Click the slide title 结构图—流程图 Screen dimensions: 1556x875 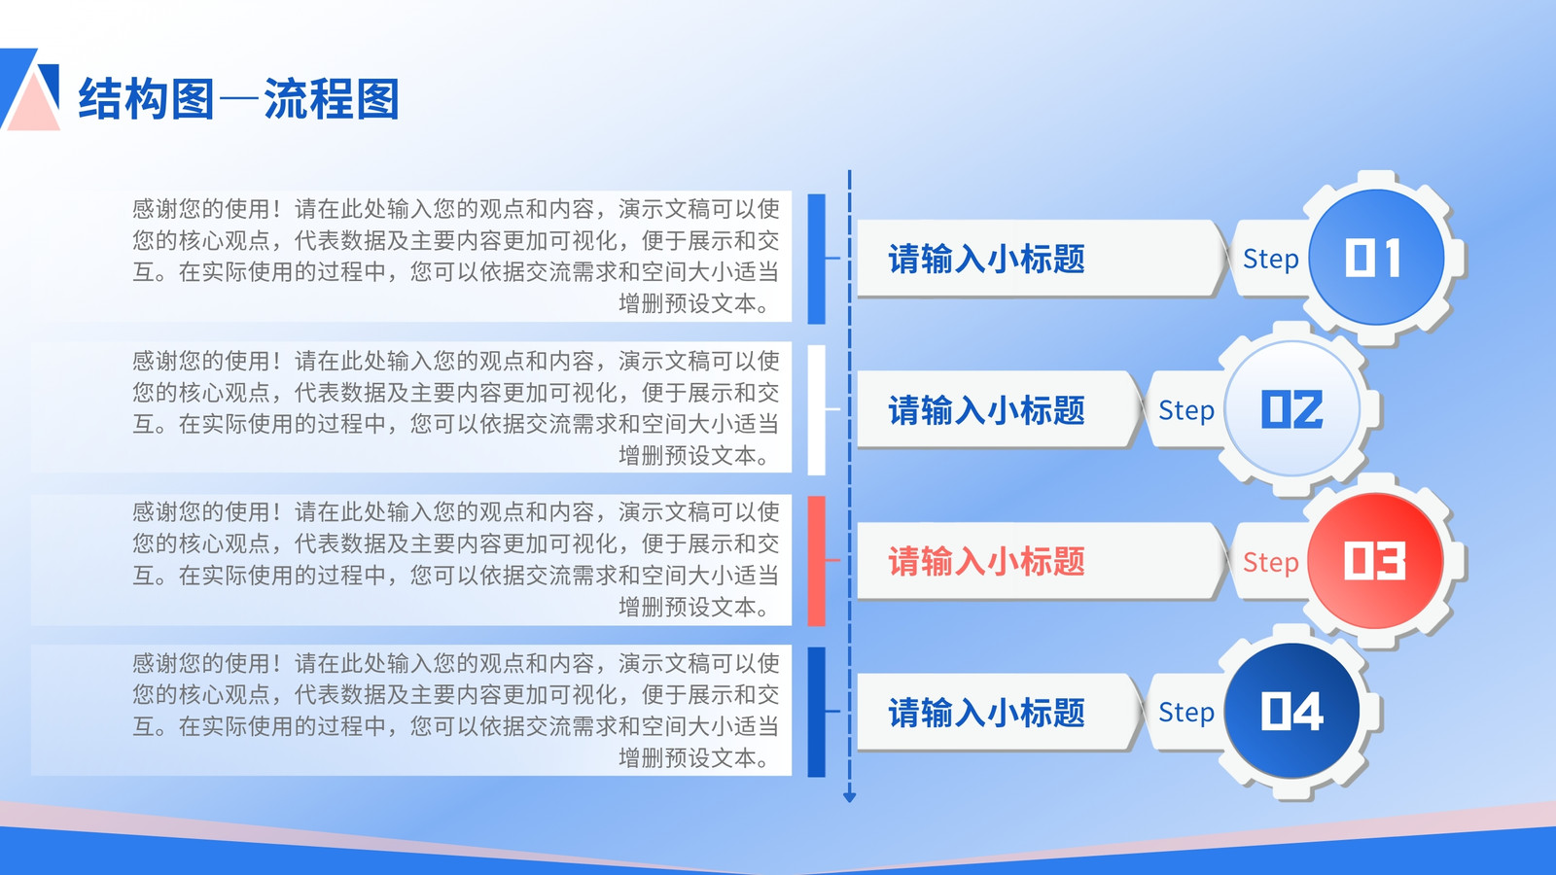[x=239, y=98]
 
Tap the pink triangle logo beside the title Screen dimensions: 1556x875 [x=33, y=104]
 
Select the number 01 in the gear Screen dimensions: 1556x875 [x=1373, y=259]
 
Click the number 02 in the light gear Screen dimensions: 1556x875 [x=1291, y=409]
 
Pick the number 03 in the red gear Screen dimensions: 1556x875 [x=1375, y=560]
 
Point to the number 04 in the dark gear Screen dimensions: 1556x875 [x=1291, y=711]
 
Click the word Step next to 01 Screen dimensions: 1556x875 [x=1270, y=260]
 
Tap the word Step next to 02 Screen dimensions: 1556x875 [x=1186, y=411]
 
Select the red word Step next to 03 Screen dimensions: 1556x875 [x=1270, y=563]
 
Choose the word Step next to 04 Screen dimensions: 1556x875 [x=1186, y=714]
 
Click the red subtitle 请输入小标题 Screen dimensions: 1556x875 [x=986, y=561]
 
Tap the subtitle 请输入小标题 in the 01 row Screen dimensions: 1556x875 [x=986, y=259]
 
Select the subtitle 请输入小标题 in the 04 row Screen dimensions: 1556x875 [x=986, y=713]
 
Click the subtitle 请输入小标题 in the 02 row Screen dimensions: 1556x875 [x=986, y=410]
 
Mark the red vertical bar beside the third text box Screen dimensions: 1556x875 [x=817, y=561]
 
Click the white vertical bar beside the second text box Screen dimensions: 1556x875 [x=817, y=409]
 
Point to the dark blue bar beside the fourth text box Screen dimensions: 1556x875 [x=817, y=712]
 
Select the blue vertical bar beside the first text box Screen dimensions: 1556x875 [x=817, y=259]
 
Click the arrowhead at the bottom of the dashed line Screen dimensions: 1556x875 [x=849, y=797]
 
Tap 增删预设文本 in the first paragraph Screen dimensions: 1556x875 [x=687, y=304]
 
